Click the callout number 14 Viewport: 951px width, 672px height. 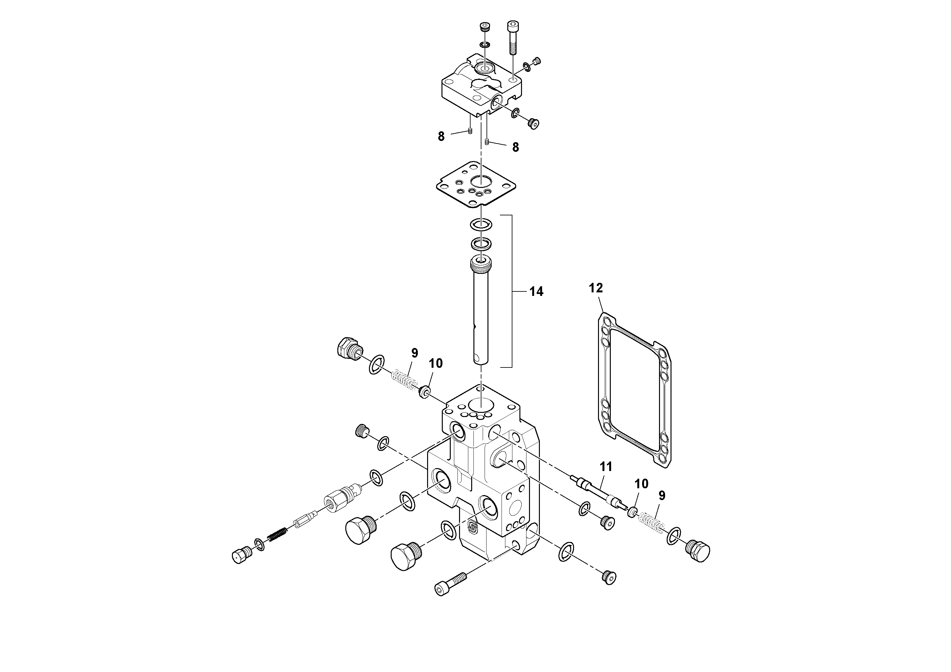click(x=536, y=292)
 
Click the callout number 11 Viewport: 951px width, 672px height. click(x=606, y=467)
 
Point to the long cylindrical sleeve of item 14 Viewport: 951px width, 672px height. click(x=480, y=315)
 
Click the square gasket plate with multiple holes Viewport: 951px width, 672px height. click(x=480, y=184)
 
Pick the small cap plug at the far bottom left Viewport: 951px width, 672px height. click(x=241, y=555)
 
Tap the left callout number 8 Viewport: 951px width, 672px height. click(x=441, y=137)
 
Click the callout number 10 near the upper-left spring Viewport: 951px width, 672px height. click(x=435, y=363)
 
